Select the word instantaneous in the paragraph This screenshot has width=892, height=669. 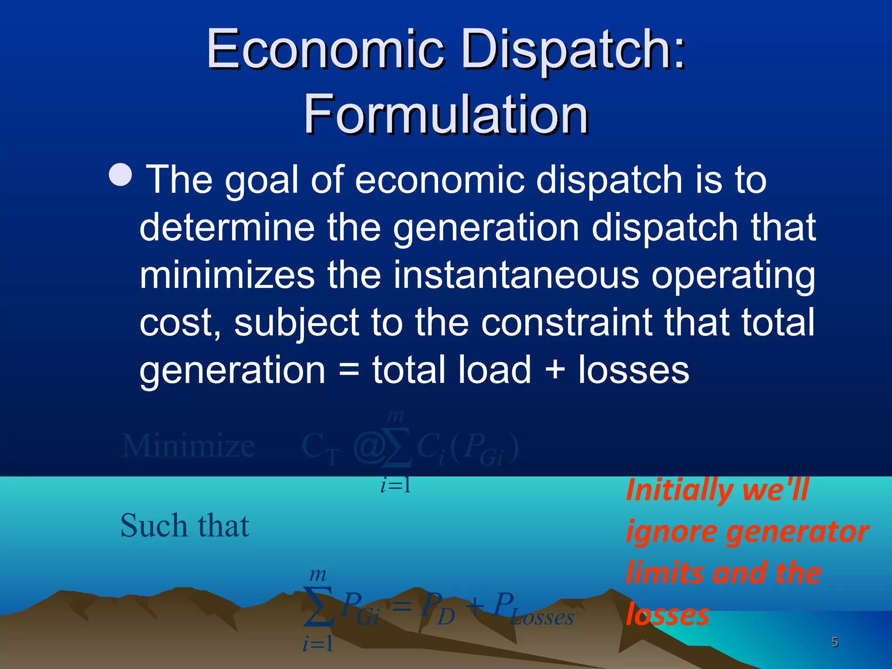516,275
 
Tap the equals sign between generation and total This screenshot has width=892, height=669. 349,370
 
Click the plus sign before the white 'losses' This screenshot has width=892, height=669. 554,370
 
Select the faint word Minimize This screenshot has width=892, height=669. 188,446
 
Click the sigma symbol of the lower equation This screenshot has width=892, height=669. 318,606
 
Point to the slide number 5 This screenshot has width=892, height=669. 835,642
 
